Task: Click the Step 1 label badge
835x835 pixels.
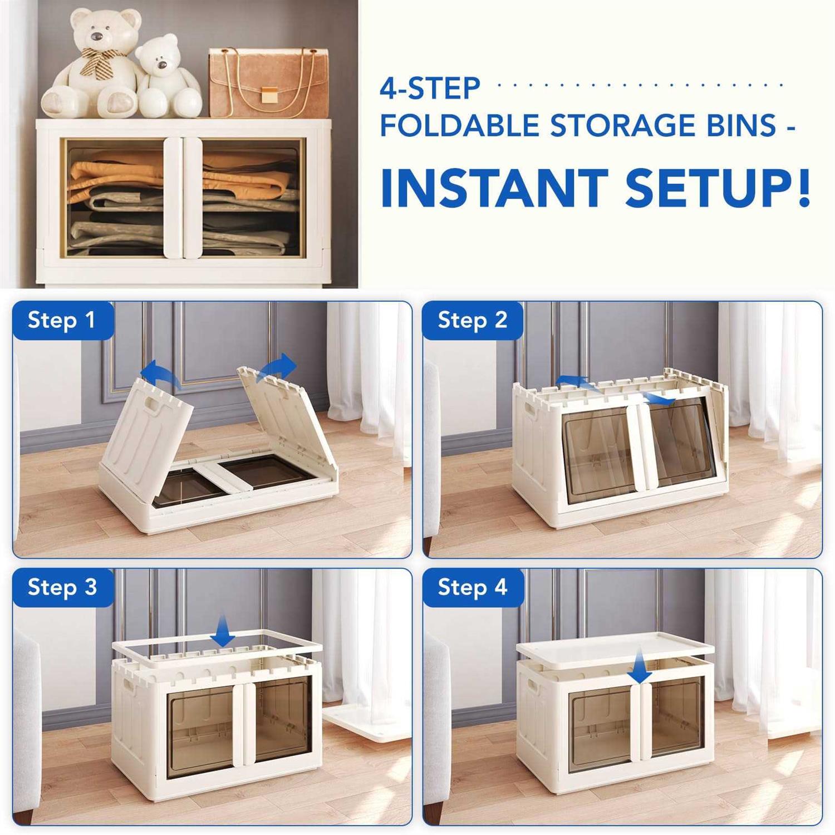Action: [x=63, y=321]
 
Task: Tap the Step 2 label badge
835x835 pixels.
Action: [x=473, y=321]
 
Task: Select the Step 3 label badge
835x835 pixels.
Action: [x=63, y=587]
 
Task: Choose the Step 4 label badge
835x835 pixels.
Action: [x=473, y=587]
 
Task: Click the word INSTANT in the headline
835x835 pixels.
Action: [x=494, y=188]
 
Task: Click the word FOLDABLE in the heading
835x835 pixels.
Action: [x=460, y=125]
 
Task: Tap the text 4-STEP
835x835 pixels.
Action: [x=430, y=89]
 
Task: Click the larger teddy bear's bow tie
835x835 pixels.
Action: [x=100, y=61]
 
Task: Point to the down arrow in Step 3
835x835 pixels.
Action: [x=223, y=630]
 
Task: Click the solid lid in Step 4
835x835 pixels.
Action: [x=615, y=649]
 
